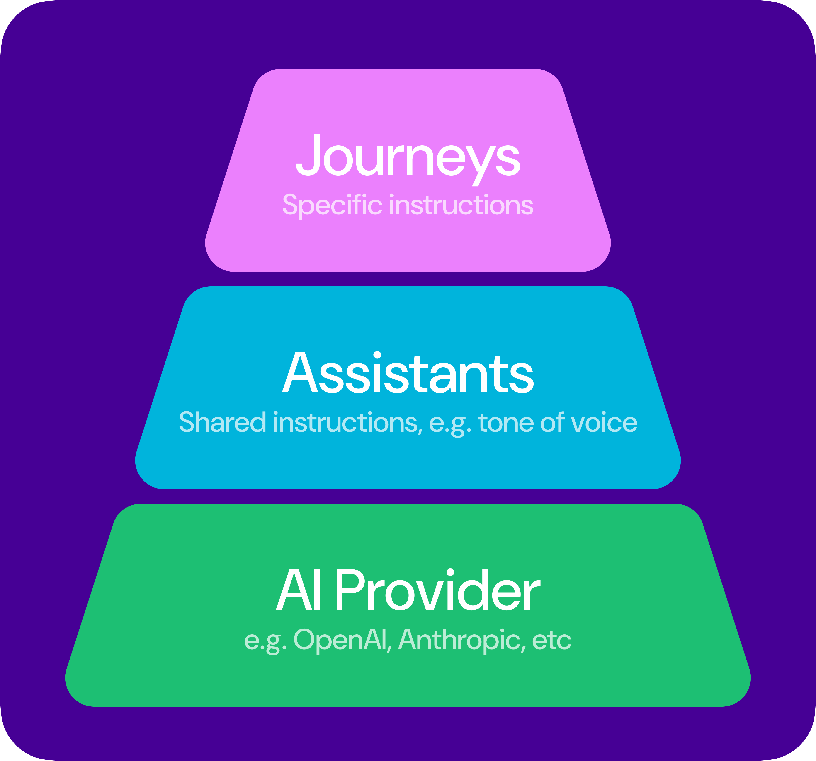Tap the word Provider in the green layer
point(437,591)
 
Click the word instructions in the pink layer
point(461,205)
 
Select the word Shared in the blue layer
point(222,423)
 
